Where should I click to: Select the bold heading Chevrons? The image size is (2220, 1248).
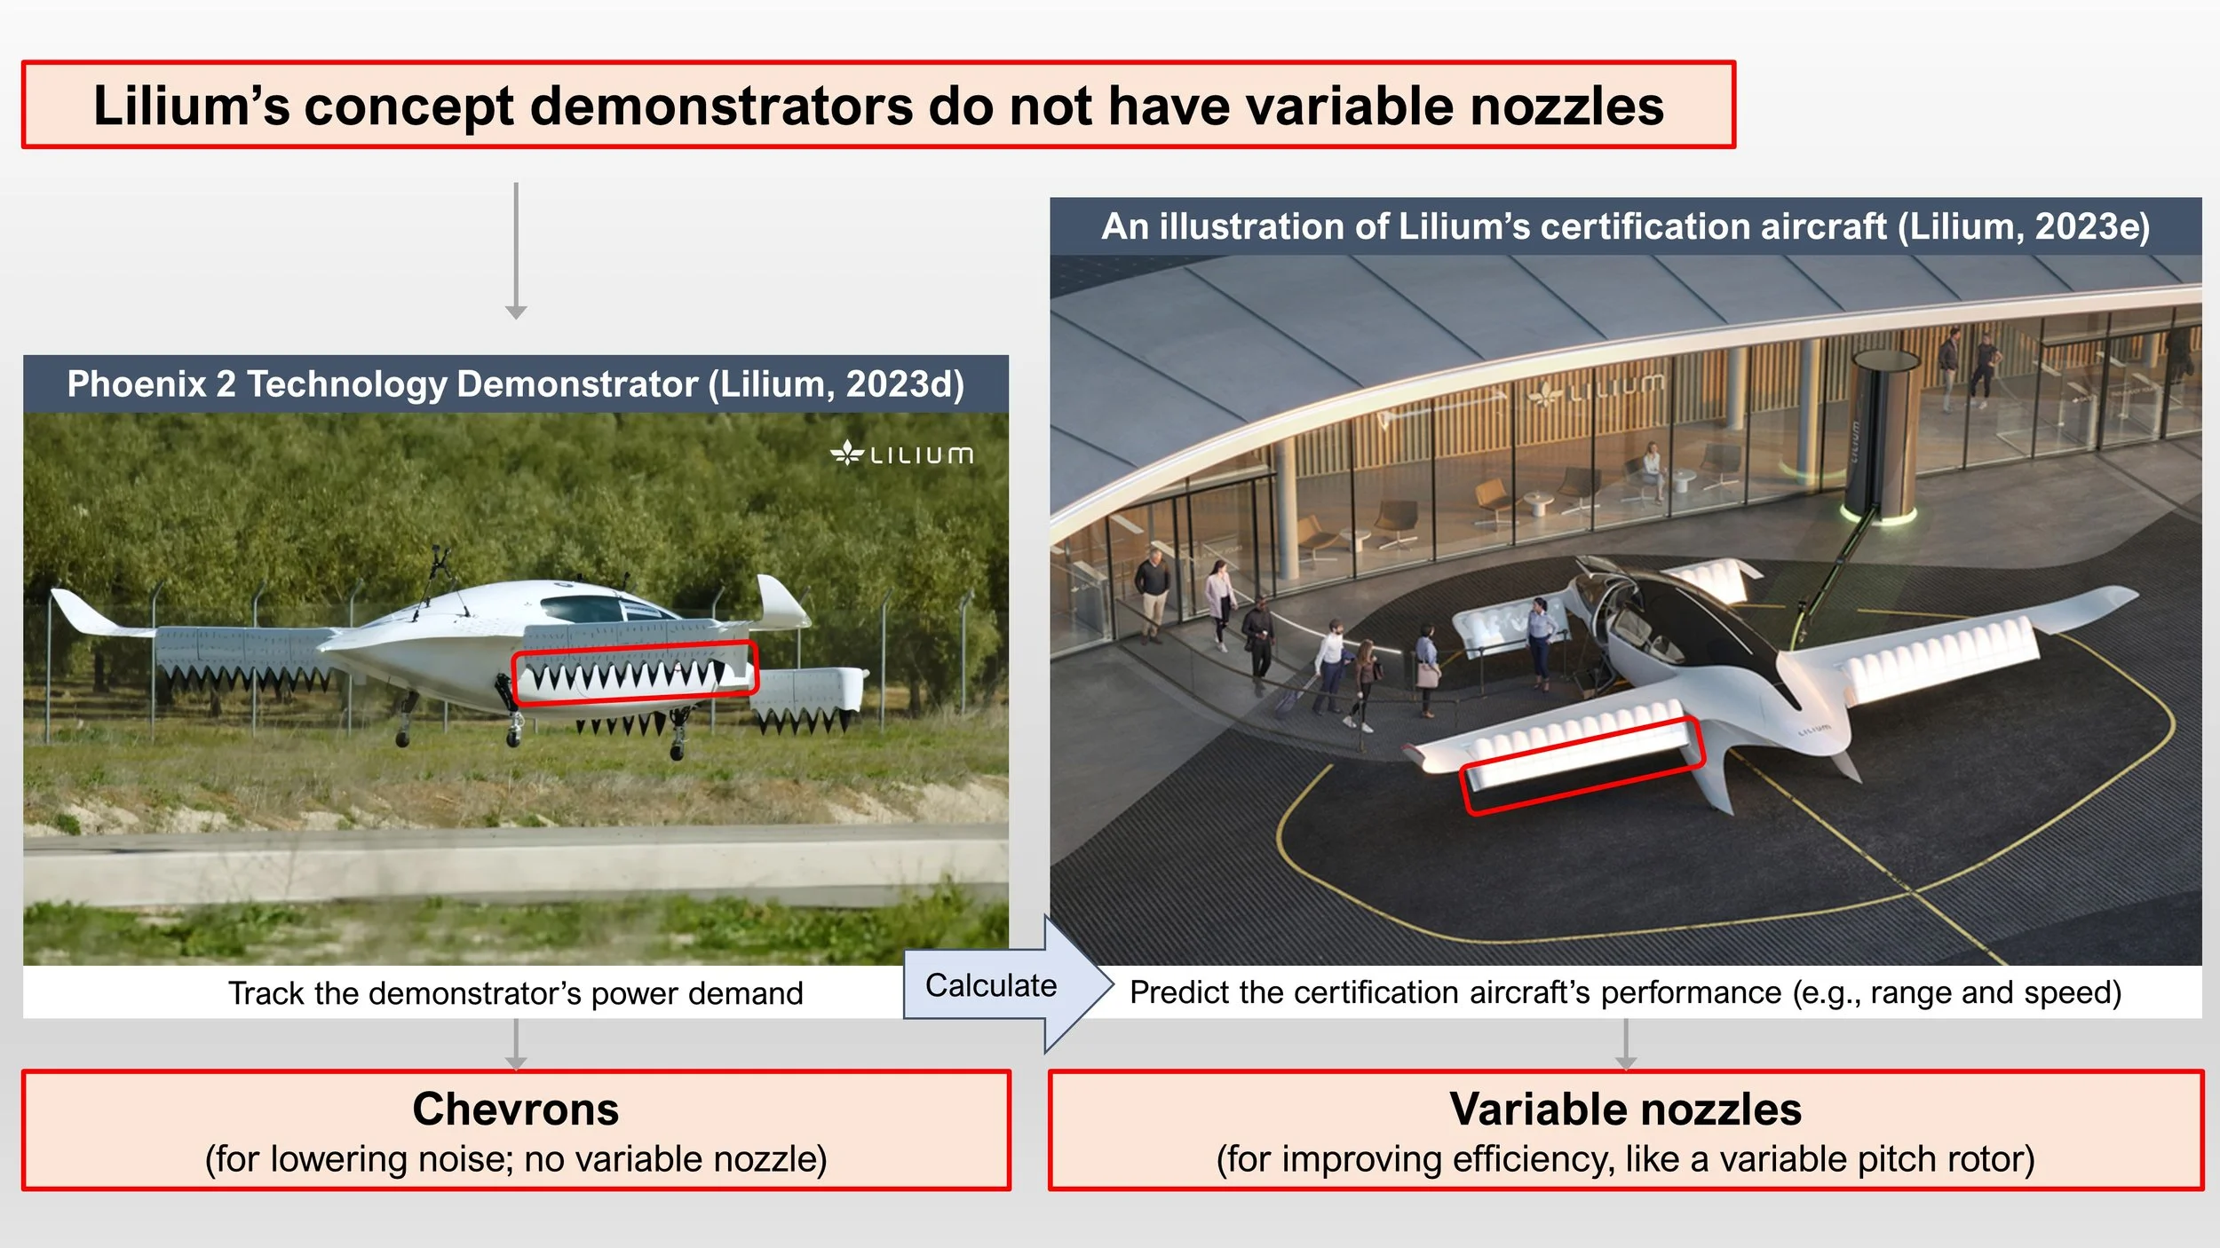click(x=515, y=1110)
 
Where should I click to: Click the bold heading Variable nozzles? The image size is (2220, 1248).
click(x=1625, y=1110)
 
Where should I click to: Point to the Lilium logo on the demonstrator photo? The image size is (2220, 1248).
click(x=901, y=454)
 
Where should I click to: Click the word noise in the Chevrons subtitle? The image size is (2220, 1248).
click(x=465, y=1159)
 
